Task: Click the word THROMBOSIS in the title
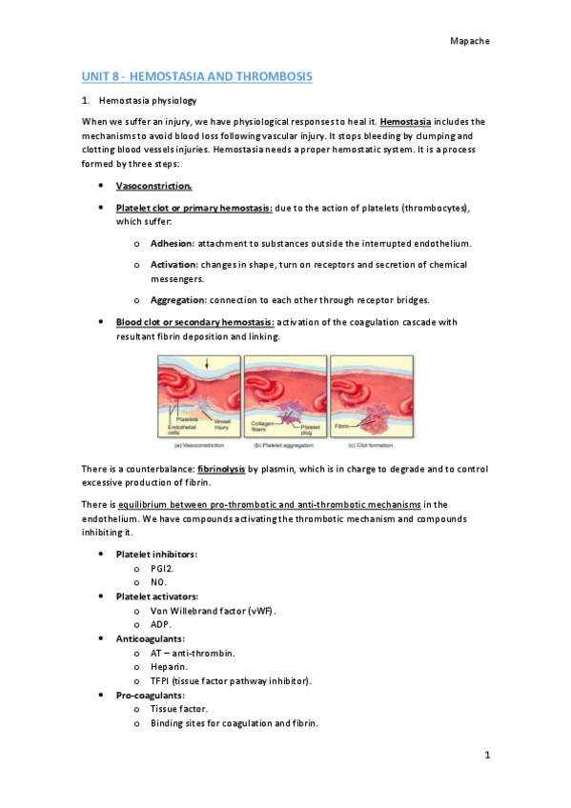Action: [x=272, y=75]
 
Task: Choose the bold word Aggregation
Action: [x=179, y=299]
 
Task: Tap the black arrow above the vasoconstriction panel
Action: [x=207, y=364]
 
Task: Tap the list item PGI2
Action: [x=161, y=567]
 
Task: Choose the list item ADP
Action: [x=161, y=624]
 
